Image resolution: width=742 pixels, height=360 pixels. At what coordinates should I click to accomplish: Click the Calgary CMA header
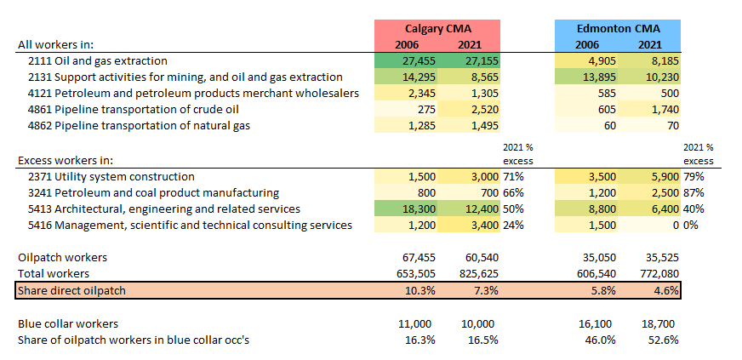pos(439,28)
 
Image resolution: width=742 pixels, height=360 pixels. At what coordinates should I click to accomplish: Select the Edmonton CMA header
pos(617,28)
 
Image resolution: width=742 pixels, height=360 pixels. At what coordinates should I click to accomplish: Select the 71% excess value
pos(513,176)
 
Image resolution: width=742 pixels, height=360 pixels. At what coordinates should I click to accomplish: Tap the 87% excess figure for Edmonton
pos(691,192)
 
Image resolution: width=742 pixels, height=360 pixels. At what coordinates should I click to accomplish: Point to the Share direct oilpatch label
pos(71,290)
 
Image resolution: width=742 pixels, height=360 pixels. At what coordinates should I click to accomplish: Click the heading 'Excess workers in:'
pos(66,159)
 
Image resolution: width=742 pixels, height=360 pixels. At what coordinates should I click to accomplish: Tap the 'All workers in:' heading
pos(55,44)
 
